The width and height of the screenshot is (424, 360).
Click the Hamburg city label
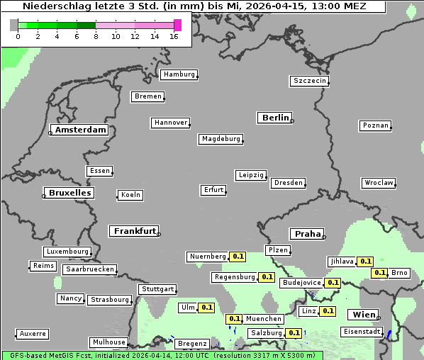tap(178, 74)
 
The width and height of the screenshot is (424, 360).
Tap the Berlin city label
tap(275, 118)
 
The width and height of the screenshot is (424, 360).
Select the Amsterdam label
tap(80, 130)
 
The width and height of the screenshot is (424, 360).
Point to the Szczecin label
tap(309, 81)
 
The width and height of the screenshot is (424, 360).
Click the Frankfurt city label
tap(134, 231)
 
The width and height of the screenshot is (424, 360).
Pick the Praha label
tap(307, 234)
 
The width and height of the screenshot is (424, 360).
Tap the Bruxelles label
tap(69, 193)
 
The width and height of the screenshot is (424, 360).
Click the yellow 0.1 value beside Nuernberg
tap(238, 257)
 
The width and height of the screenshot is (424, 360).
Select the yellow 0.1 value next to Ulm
tap(206, 308)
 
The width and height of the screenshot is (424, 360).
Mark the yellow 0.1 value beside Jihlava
tap(365, 261)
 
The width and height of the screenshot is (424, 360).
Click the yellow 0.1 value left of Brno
tap(379, 273)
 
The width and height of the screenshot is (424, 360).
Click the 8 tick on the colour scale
tap(96, 36)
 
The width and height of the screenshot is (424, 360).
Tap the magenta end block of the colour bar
tap(177, 25)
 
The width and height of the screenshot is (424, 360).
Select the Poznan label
tap(375, 125)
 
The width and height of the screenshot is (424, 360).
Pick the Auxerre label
tap(33, 333)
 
